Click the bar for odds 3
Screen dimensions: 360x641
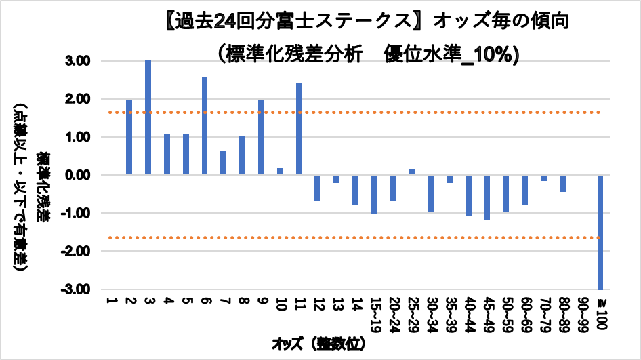pos(148,117)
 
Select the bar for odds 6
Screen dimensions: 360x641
pos(205,125)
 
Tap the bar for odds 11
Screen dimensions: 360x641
pos(299,129)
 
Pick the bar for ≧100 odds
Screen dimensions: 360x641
pos(600,232)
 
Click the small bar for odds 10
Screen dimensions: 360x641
pos(280,172)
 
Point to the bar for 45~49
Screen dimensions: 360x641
pos(487,197)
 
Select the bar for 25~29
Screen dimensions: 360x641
pos(411,172)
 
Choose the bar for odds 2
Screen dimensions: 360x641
pos(129,138)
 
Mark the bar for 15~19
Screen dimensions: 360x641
pos(374,195)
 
